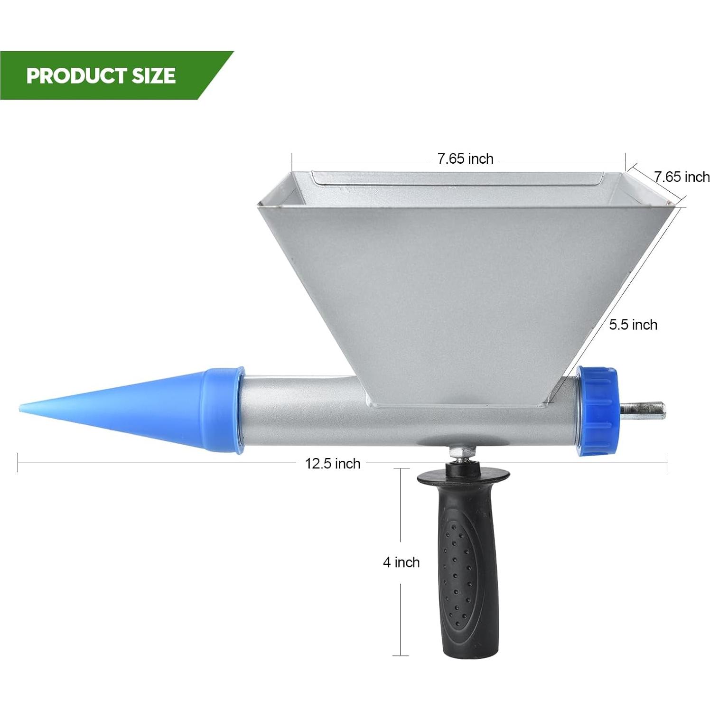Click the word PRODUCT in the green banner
click(76, 76)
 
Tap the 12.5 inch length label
click(332, 463)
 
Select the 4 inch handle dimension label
click(401, 562)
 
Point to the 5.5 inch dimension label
click(633, 325)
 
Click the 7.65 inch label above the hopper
click(465, 159)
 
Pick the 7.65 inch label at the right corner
click(682, 177)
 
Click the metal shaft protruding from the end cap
click(643, 410)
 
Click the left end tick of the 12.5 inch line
click(18, 463)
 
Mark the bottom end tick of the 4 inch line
click(401, 655)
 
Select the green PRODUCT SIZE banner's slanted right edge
click(216, 76)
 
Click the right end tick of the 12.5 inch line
click(668, 463)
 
